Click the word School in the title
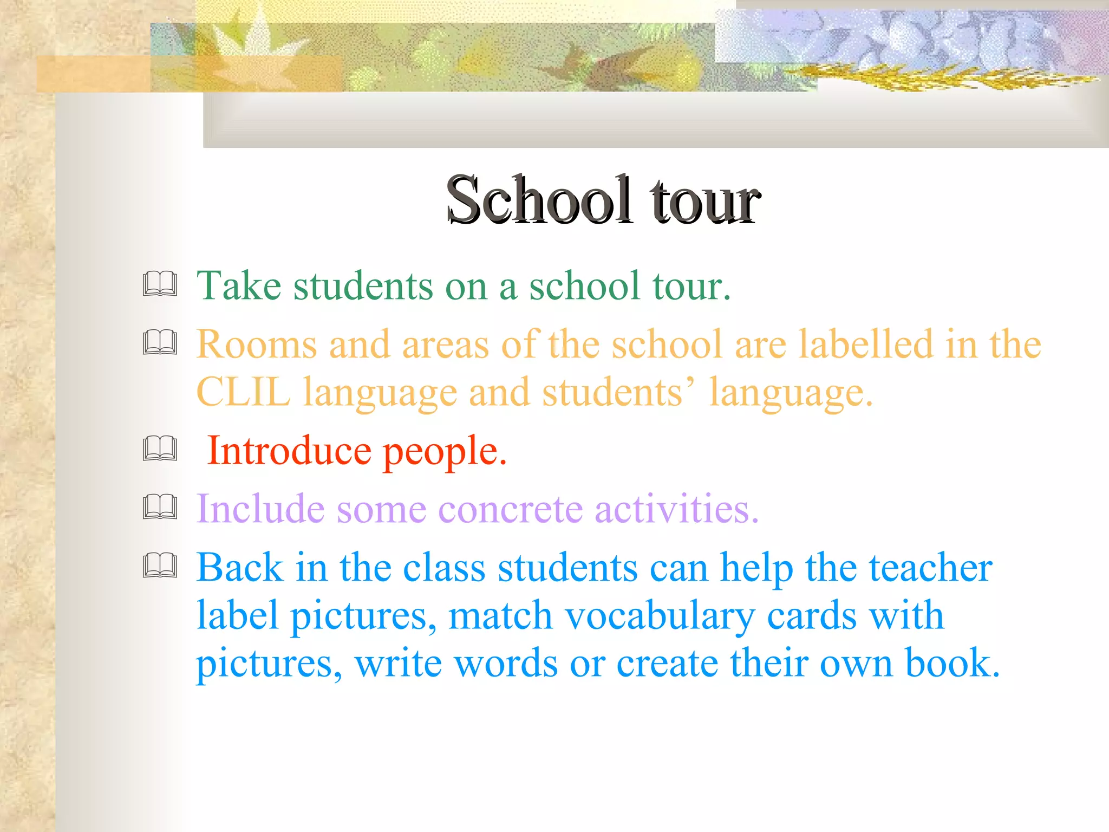point(539,200)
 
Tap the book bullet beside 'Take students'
point(160,284)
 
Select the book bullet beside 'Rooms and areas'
point(160,342)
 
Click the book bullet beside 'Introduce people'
point(160,449)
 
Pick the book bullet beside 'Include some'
point(160,508)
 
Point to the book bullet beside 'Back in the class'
point(160,565)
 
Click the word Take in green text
point(238,285)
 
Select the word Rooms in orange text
point(256,344)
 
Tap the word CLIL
point(243,392)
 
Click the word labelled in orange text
point(866,344)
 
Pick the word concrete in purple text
point(510,509)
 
